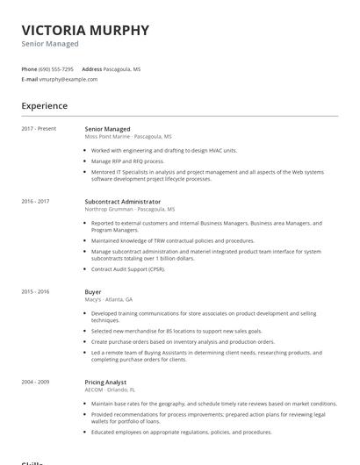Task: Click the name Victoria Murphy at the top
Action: point(85,30)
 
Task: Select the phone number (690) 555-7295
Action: point(57,68)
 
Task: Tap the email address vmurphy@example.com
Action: point(68,79)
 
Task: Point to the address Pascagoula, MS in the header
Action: point(122,68)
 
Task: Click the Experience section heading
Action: point(45,106)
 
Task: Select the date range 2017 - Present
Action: point(39,129)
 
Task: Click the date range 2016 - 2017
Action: point(36,202)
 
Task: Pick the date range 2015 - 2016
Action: point(36,291)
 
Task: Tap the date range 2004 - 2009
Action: point(36,382)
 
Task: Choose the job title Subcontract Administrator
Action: point(122,202)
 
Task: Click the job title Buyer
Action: point(93,291)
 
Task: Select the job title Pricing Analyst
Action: point(105,382)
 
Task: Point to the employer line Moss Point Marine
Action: point(128,137)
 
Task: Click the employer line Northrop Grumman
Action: point(130,210)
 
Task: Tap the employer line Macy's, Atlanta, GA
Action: point(109,299)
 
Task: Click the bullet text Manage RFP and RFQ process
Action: point(127,161)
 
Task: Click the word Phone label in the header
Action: point(29,68)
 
